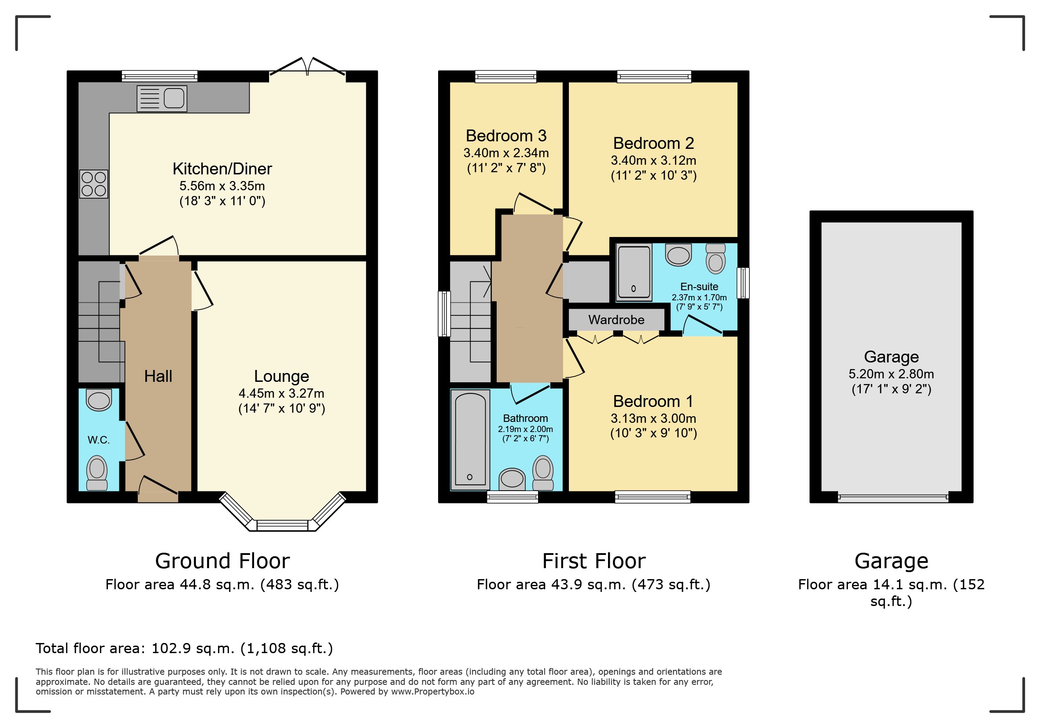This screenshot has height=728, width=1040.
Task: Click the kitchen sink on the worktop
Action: [162, 98]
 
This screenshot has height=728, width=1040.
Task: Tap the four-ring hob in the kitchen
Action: [94, 184]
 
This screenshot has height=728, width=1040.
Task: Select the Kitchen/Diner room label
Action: [222, 169]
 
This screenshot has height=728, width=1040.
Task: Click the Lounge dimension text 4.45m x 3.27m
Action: [281, 393]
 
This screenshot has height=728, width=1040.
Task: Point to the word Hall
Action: [158, 376]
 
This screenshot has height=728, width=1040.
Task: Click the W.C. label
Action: [98, 440]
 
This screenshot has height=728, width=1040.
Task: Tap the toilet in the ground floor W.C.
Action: [97, 473]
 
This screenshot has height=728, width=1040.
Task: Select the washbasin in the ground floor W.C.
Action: [99, 400]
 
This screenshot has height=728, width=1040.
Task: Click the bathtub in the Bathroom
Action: [470, 440]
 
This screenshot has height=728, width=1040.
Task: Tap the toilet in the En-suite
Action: [715, 259]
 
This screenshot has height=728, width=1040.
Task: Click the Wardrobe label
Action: [616, 320]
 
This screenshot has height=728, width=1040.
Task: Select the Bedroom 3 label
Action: [506, 136]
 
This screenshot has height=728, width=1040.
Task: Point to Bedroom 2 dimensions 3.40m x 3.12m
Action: [653, 160]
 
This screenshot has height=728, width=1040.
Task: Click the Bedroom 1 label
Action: [653, 401]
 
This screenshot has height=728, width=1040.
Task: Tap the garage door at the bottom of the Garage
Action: [892, 498]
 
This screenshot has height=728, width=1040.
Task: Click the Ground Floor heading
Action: [222, 561]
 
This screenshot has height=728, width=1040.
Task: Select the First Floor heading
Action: [594, 561]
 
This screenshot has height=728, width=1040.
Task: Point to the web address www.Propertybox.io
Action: [432, 691]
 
